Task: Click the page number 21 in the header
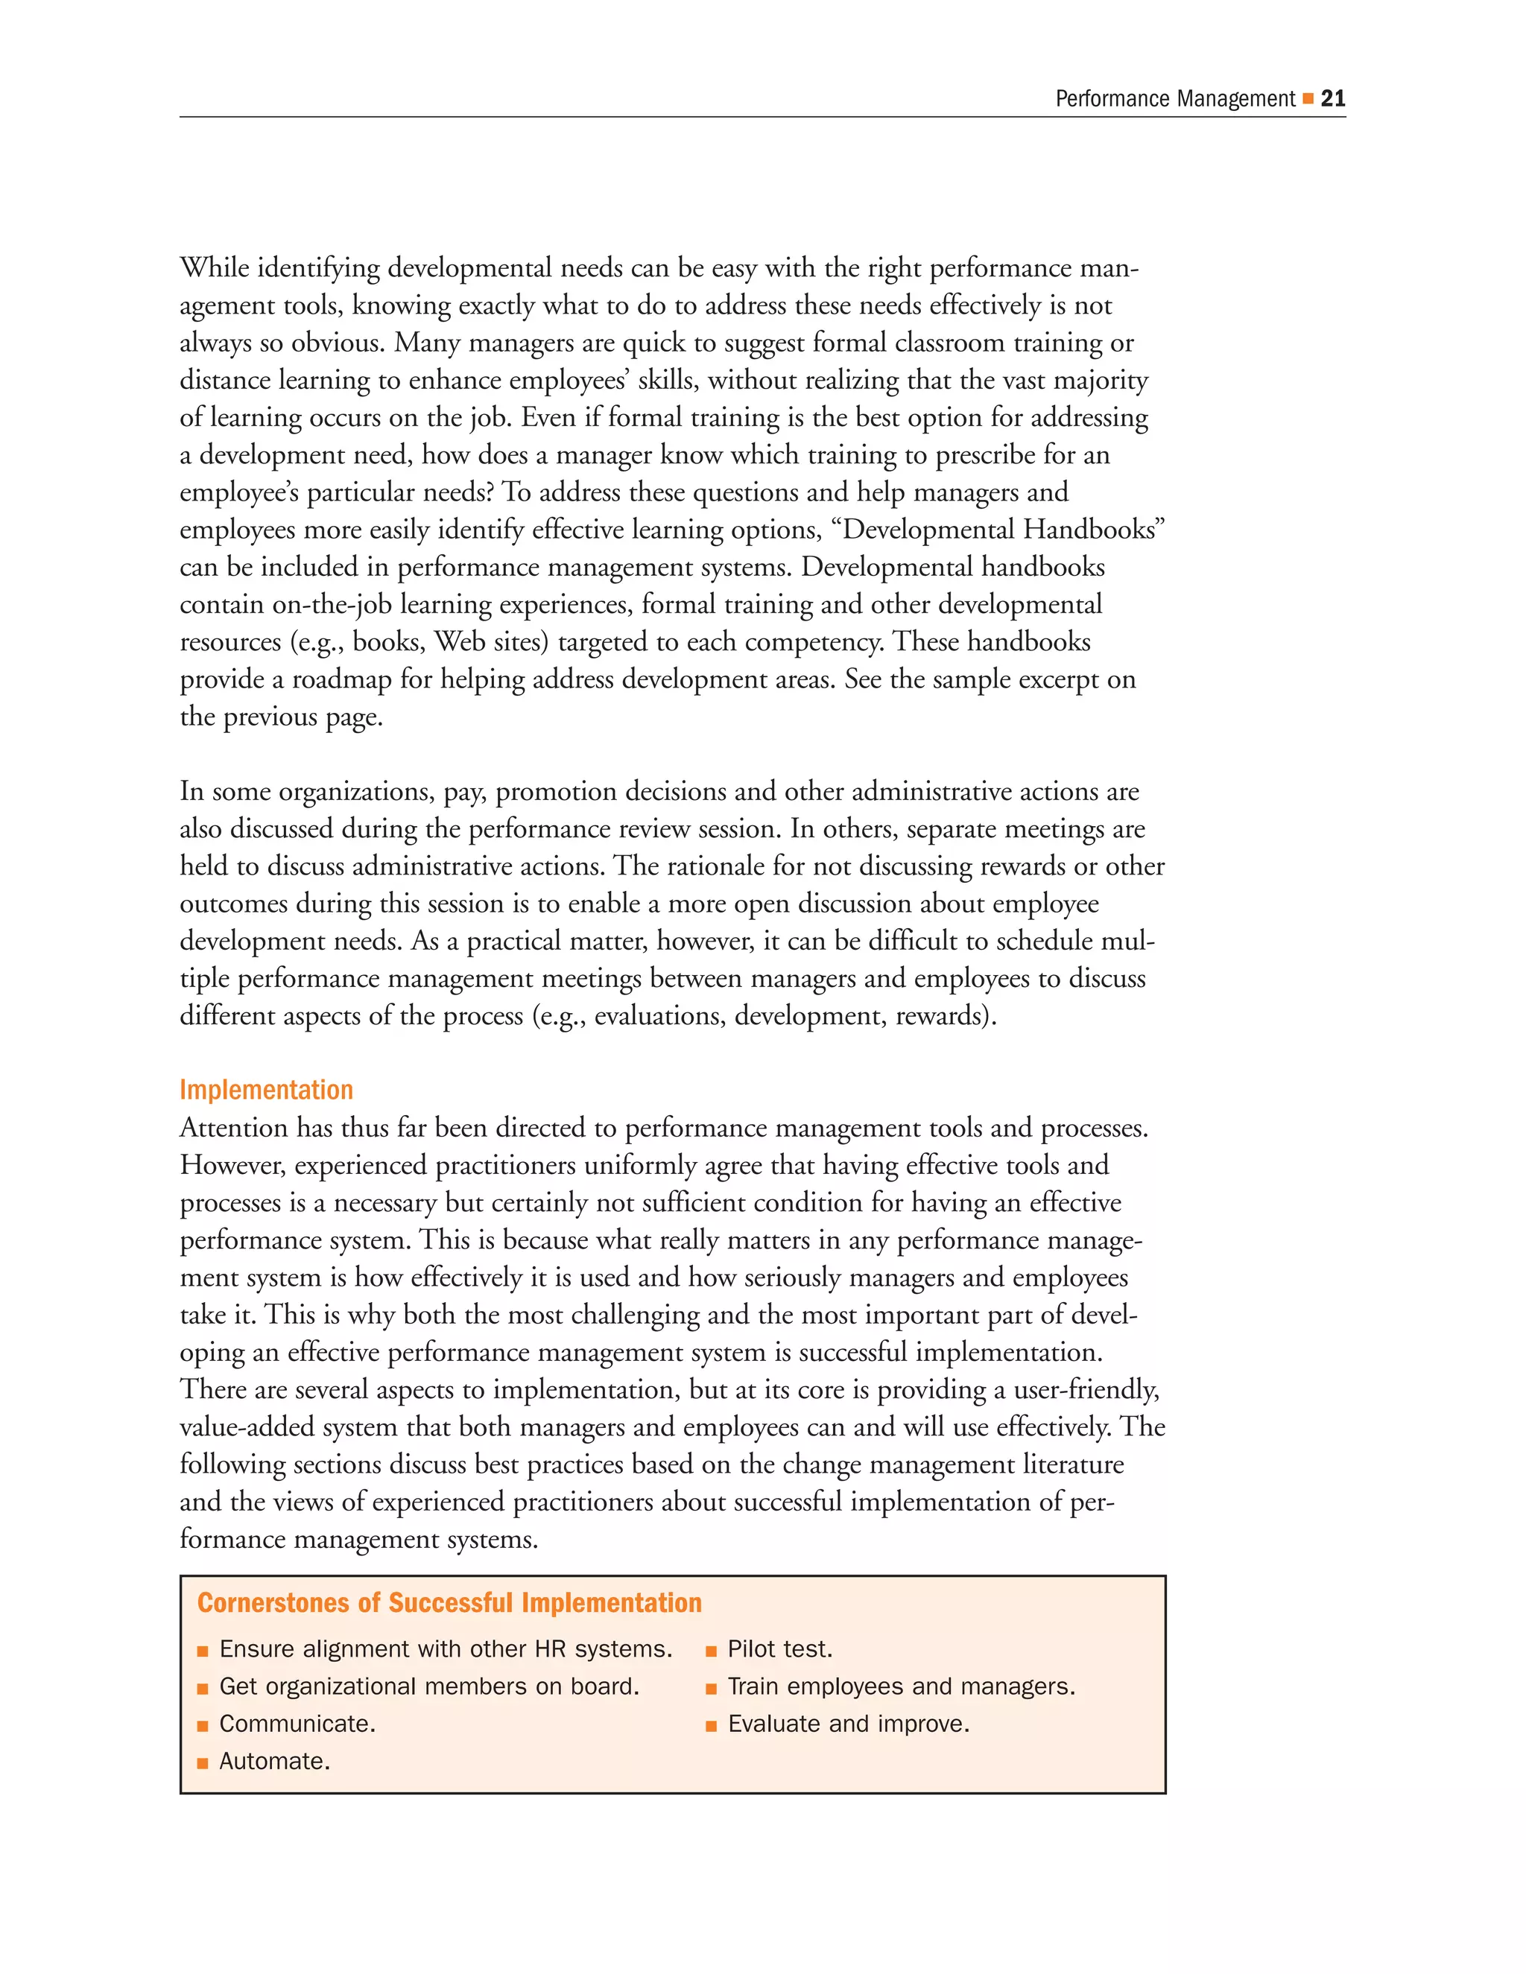[x=1332, y=98]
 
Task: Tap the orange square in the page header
[x=1307, y=98]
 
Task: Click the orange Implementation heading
[x=266, y=1090]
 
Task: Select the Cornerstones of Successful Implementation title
[x=449, y=1602]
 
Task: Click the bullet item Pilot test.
[x=779, y=1649]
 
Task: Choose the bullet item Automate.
[x=275, y=1762]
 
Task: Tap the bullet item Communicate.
[x=297, y=1724]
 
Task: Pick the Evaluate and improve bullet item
[x=848, y=1724]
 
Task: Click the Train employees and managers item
[x=902, y=1686]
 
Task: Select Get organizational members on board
[x=429, y=1686]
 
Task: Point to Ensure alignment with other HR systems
[x=446, y=1649]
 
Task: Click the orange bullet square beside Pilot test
[x=712, y=1651]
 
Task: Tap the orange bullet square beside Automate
[x=203, y=1763]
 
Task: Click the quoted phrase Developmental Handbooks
[x=1003, y=530]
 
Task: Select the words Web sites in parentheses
[x=491, y=641]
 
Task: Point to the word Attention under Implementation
[x=238, y=1128]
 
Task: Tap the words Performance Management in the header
[x=1175, y=98]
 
